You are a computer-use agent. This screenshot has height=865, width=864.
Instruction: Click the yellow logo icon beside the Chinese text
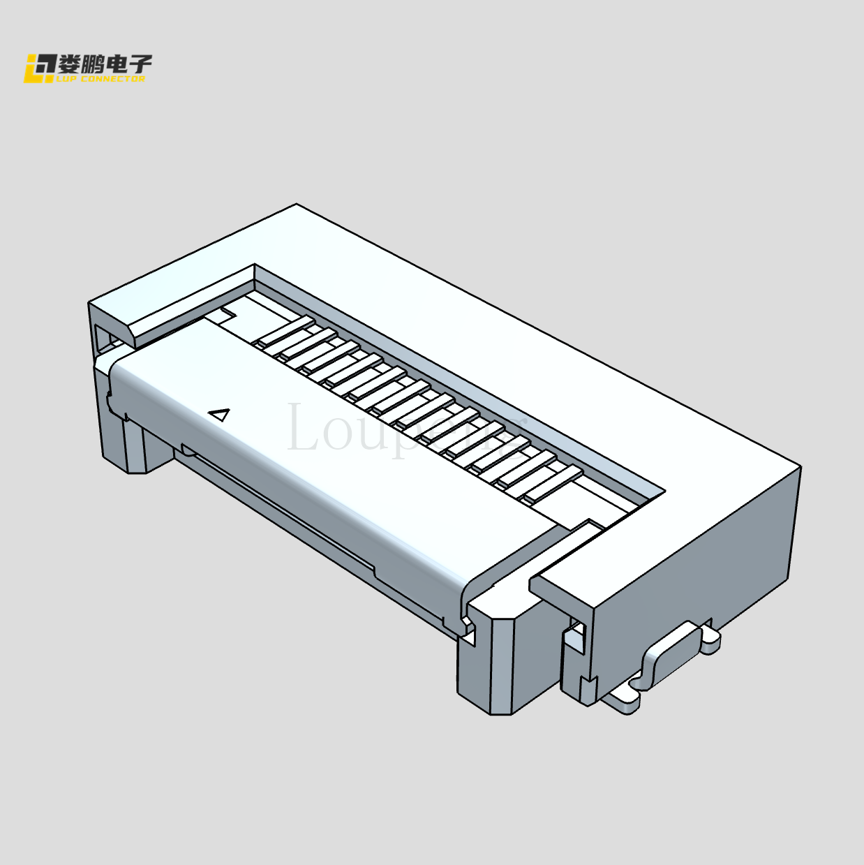click(x=40, y=68)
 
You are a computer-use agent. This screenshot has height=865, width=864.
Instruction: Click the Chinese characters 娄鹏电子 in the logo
click(x=105, y=64)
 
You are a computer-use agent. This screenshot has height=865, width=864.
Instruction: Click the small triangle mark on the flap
click(x=220, y=415)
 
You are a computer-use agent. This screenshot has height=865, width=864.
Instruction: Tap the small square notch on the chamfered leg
click(x=469, y=633)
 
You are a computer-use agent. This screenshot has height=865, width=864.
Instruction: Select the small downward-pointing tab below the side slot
click(x=587, y=691)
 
